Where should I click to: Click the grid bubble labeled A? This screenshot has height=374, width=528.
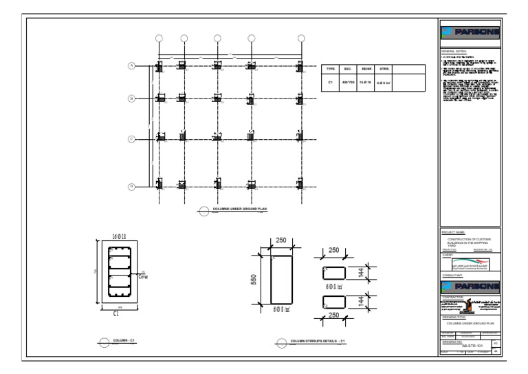[x=131, y=65]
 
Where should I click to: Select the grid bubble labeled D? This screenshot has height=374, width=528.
[x=131, y=187]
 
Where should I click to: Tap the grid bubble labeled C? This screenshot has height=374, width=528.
[x=131, y=139]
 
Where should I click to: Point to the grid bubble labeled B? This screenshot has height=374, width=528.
[x=131, y=98]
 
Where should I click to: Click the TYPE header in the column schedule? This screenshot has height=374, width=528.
[x=330, y=69]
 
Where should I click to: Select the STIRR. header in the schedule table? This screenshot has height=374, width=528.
[x=384, y=69]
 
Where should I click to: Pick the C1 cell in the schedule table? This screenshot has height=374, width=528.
[x=330, y=82]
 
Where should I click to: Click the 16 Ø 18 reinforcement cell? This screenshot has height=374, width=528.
[x=366, y=82]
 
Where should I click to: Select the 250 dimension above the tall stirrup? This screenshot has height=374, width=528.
[x=281, y=240]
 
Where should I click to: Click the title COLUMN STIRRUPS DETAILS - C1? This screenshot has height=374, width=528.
[x=317, y=341]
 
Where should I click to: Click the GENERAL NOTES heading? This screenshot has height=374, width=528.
[x=454, y=52]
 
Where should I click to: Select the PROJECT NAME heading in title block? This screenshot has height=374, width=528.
[x=454, y=233]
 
